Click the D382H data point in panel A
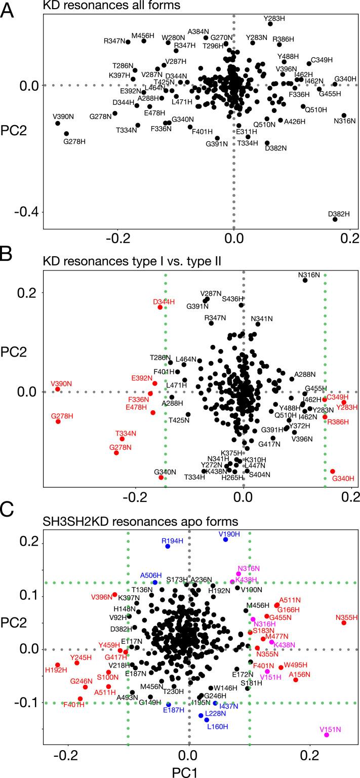coord(335,219)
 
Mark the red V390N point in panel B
coord(58,389)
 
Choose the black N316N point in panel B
coord(305,280)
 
